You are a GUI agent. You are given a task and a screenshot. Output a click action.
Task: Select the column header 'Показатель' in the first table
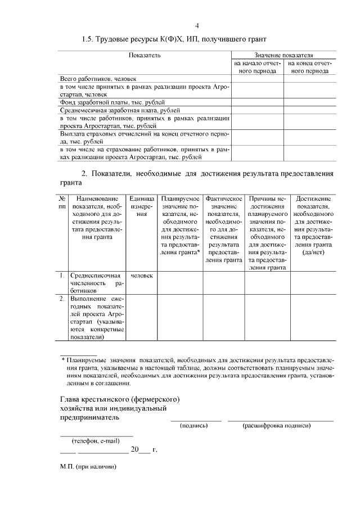tap(145, 55)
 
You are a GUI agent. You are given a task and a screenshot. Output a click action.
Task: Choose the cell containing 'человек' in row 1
tap(141, 276)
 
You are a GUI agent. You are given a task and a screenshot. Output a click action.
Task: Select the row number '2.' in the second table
tap(62, 299)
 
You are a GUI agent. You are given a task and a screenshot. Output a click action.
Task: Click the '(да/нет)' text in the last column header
tap(313, 253)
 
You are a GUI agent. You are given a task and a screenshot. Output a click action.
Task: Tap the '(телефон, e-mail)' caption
tap(96, 440)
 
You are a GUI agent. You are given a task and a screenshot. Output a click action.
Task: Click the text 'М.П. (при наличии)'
tap(88, 467)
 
